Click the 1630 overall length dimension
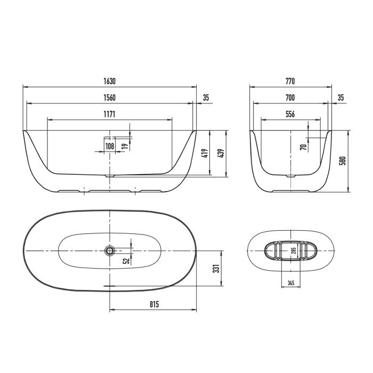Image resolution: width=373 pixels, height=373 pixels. (109, 82)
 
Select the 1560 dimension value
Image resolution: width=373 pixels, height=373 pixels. (109, 98)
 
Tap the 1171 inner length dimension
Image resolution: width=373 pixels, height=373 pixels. (109, 114)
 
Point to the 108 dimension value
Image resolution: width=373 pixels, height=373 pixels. (110, 146)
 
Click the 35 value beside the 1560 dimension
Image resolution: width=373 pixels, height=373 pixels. (206, 98)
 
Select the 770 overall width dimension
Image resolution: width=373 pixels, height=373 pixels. (290, 82)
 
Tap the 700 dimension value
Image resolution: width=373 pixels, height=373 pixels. (290, 98)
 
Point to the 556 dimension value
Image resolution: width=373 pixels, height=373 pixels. (290, 114)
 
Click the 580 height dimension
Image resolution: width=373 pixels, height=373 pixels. (343, 160)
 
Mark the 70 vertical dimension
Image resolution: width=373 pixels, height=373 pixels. (303, 147)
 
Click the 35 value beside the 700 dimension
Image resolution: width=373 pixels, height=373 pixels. (341, 98)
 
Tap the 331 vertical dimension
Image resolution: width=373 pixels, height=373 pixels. (216, 268)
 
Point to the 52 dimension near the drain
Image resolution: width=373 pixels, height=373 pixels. (126, 261)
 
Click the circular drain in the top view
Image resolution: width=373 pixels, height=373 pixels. (110, 250)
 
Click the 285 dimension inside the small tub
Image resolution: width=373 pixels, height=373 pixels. (293, 250)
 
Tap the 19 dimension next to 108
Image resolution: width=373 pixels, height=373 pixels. (124, 146)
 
